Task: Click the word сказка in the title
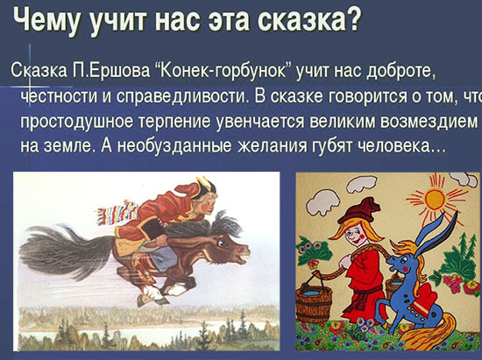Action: (x=308, y=19)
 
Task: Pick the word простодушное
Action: (x=76, y=123)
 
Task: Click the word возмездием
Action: (x=429, y=121)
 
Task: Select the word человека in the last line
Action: (x=394, y=146)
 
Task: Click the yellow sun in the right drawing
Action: (x=436, y=199)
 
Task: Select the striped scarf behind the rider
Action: (x=117, y=213)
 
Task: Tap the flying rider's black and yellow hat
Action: (x=203, y=187)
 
